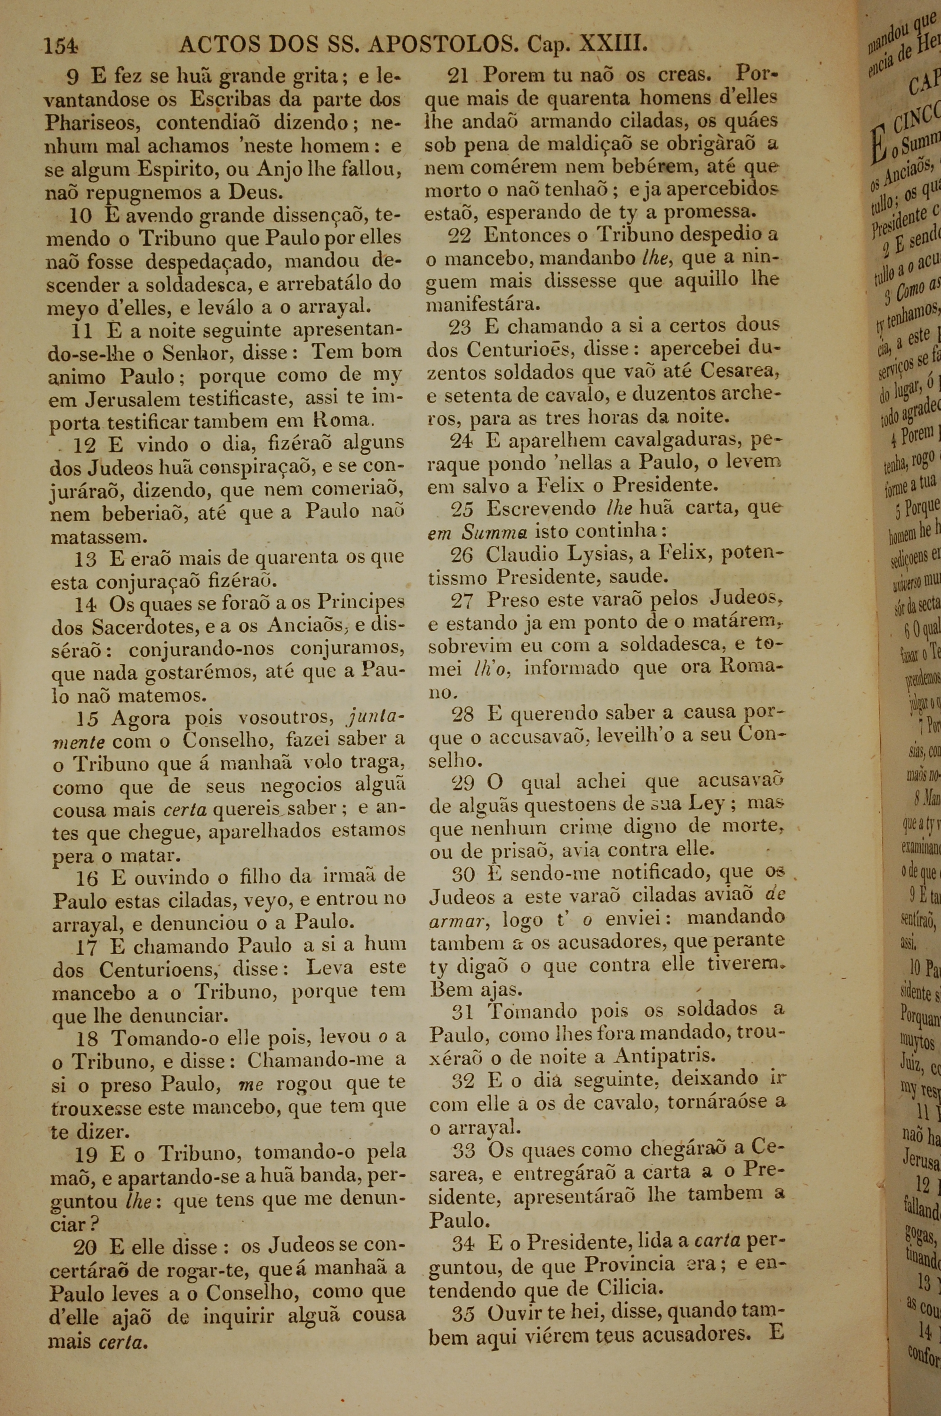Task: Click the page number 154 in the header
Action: (x=61, y=46)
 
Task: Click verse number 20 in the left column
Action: (x=85, y=1231)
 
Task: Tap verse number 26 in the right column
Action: (x=462, y=554)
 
